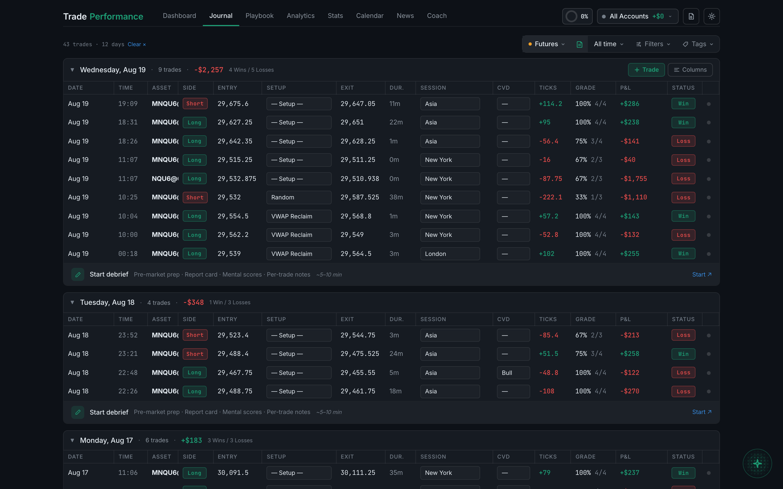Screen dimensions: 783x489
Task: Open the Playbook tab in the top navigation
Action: coord(259,16)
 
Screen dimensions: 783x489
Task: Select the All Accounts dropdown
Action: coord(637,16)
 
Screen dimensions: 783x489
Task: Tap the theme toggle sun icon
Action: coord(711,16)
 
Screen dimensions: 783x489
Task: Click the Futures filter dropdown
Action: coord(546,44)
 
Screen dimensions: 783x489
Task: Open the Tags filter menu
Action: coord(698,44)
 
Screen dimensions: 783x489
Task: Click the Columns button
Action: coord(690,70)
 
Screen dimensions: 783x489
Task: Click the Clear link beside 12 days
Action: coord(136,44)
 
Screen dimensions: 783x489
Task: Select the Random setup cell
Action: coord(299,197)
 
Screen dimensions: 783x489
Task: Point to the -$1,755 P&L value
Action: coord(633,179)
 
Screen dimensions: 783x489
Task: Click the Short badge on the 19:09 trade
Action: coord(195,104)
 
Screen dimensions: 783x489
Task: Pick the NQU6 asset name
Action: coord(165,179)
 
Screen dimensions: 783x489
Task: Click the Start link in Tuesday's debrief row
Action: coord(701,412)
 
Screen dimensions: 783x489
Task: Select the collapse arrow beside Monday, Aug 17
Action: coord(72,440)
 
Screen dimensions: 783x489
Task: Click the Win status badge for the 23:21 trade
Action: coord(683,354)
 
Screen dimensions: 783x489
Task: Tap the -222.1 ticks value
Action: coord(550,197)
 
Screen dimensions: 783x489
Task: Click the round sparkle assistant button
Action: coord(757,463)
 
